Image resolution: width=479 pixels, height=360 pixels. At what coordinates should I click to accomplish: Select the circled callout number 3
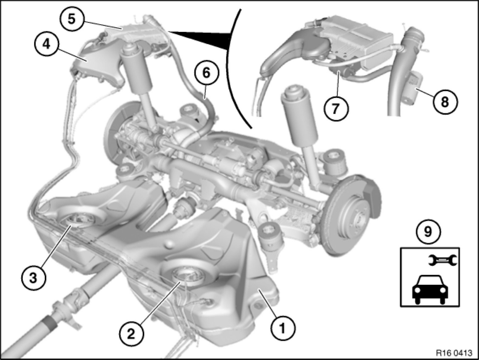33,278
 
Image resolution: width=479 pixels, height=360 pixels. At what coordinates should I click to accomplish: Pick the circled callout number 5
72,19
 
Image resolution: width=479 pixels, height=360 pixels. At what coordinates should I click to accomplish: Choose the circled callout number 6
206,73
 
